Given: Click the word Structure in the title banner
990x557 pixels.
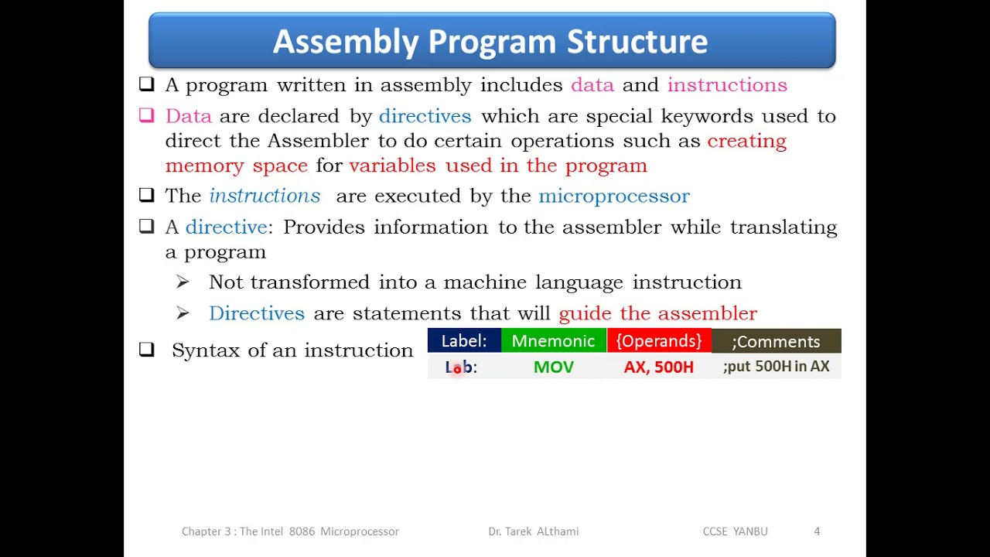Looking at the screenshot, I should coord(637,42).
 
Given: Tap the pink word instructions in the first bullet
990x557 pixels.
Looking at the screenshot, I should coord(726,85).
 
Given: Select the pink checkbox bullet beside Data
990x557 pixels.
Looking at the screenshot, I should coord(147,115).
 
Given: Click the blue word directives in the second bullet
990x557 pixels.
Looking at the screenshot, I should coord(425,116).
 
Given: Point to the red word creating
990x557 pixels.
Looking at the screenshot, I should coord(746,141).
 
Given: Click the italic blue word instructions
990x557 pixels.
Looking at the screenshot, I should coord(265,196).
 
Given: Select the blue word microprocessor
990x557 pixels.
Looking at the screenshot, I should coord(613,196).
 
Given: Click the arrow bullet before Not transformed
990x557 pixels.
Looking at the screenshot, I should coord(183,282).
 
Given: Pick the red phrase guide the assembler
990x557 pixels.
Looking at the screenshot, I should coord(657,313).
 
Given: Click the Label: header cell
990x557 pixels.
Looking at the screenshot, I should coord(464,341).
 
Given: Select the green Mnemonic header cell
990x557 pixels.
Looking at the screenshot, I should coord(553,341).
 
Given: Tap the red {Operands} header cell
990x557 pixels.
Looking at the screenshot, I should coord(659,341).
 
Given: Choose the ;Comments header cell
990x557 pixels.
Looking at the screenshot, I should coord(776,341).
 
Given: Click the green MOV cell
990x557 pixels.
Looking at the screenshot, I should coord(553,367).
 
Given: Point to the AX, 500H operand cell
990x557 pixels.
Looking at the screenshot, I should coord(659,367).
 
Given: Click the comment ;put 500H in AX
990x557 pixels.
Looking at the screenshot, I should coord(776,367).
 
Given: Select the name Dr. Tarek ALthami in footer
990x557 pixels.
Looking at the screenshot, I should coord(533,531).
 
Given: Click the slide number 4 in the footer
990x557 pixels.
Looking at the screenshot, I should coord(817,531).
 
